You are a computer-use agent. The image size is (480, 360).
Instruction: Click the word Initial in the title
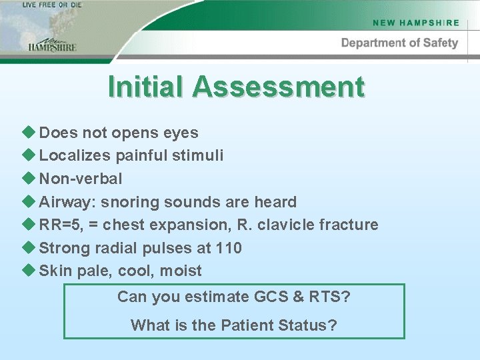(x=147, y=87)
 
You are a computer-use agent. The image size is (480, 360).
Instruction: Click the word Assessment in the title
(x=279, y=87)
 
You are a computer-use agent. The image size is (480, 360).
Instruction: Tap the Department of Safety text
(x=399, y=43)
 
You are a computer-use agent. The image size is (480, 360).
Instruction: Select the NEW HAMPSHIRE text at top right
(x=416, y=23)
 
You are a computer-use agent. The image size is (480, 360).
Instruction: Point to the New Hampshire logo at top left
(x=52, y=44)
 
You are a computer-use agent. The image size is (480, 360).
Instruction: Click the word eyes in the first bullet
(x=181, y=133)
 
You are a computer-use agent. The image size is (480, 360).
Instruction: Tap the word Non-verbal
(x=81, y=179)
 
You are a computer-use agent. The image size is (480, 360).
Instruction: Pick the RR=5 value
(x=59, y=225)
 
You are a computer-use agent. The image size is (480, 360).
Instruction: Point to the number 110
(x=229, y=248)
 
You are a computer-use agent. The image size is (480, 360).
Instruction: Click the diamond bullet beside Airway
(x=29, y=201)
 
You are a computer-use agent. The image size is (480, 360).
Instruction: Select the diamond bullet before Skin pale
(x=29, y=270)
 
